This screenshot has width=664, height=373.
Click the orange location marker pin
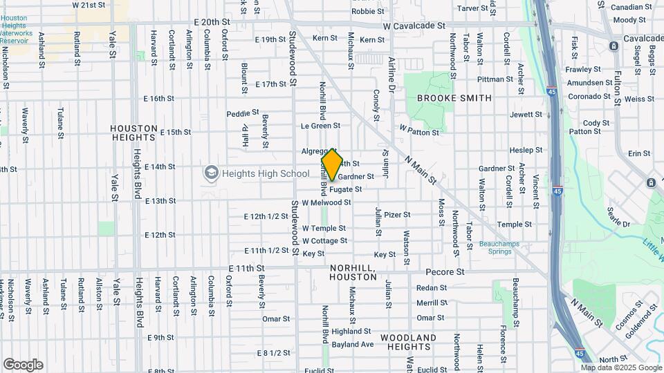coord(332,164)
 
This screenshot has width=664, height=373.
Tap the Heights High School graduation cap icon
coord(211,173)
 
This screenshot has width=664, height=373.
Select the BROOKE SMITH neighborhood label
coord(454,98)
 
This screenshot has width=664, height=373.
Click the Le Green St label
coord(320,126)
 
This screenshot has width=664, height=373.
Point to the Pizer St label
coord(397,215)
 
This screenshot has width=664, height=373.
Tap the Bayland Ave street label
coord(352,344)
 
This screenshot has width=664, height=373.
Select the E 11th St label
coord(247,268)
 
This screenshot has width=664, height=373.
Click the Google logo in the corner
coord(23,364)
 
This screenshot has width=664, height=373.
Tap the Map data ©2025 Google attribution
coord(621,367)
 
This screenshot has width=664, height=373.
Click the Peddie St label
coord(242,113)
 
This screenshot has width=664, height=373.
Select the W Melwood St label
coord(326,202)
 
